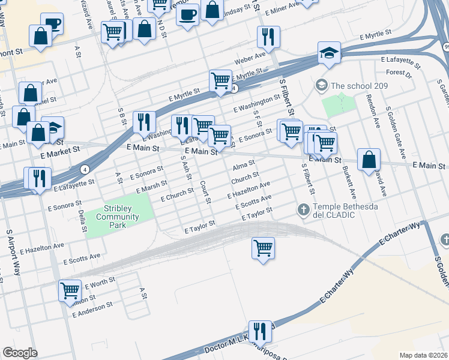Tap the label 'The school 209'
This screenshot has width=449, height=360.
pos(359,86)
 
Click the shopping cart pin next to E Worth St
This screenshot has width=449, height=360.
pos(70,290)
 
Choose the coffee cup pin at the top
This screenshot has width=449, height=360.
pos(187,14)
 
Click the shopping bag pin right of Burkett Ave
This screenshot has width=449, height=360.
pos(369,160)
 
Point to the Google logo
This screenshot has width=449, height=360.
pos(20,353)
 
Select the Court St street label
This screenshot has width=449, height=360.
pos(205,192)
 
